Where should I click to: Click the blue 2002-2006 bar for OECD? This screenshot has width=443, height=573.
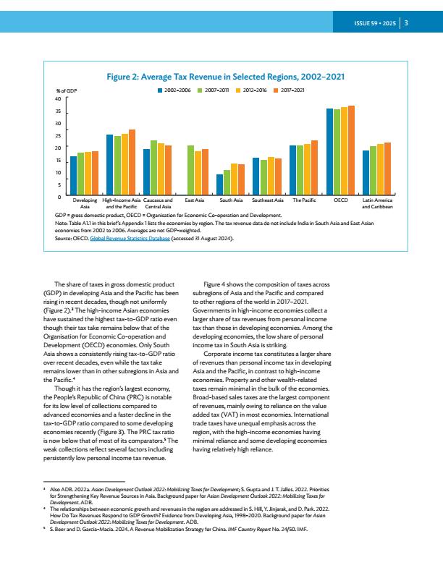pos(329,152)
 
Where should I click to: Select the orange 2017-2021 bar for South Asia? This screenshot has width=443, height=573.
pos(242,179)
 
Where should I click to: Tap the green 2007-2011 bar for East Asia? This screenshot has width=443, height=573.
pos(190,170)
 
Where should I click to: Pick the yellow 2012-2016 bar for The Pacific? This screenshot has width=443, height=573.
pos(308,169)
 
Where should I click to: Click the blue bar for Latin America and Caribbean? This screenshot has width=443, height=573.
pos(366,172)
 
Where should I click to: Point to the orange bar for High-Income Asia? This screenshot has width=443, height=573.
pos(132,162)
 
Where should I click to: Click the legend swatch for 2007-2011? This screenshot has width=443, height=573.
pos(200,90)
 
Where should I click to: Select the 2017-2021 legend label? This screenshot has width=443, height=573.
pos(292,90)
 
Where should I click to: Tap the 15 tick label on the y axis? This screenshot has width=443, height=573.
pos(59,161)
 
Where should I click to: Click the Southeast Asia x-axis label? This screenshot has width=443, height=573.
pos(268,200)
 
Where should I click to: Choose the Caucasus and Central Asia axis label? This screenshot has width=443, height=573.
pos(158,203)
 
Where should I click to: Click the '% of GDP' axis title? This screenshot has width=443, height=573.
pos(67,90)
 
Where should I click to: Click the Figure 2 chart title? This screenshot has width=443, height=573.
pos(226,77)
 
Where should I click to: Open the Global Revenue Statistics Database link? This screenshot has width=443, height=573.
pos(130,239)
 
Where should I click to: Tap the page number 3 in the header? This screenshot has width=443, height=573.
pos(406,23)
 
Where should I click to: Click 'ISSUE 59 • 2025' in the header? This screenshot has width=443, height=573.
pos(375,23)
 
